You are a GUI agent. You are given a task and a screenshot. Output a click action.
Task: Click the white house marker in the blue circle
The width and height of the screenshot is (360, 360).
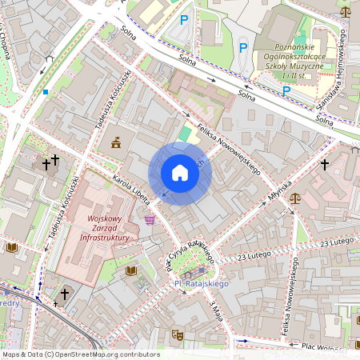180,173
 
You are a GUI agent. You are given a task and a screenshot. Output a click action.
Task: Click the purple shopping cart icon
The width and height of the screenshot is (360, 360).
150,219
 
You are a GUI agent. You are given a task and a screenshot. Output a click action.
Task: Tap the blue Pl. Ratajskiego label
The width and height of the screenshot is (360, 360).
202,283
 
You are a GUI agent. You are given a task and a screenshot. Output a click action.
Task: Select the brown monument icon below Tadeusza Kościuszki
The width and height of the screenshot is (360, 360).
117,142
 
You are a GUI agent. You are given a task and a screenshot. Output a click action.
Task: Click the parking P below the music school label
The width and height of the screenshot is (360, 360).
286,90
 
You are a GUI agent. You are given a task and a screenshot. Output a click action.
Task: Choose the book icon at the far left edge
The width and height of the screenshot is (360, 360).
12,248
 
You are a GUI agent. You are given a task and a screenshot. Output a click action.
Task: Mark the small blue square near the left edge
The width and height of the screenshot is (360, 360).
46,92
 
